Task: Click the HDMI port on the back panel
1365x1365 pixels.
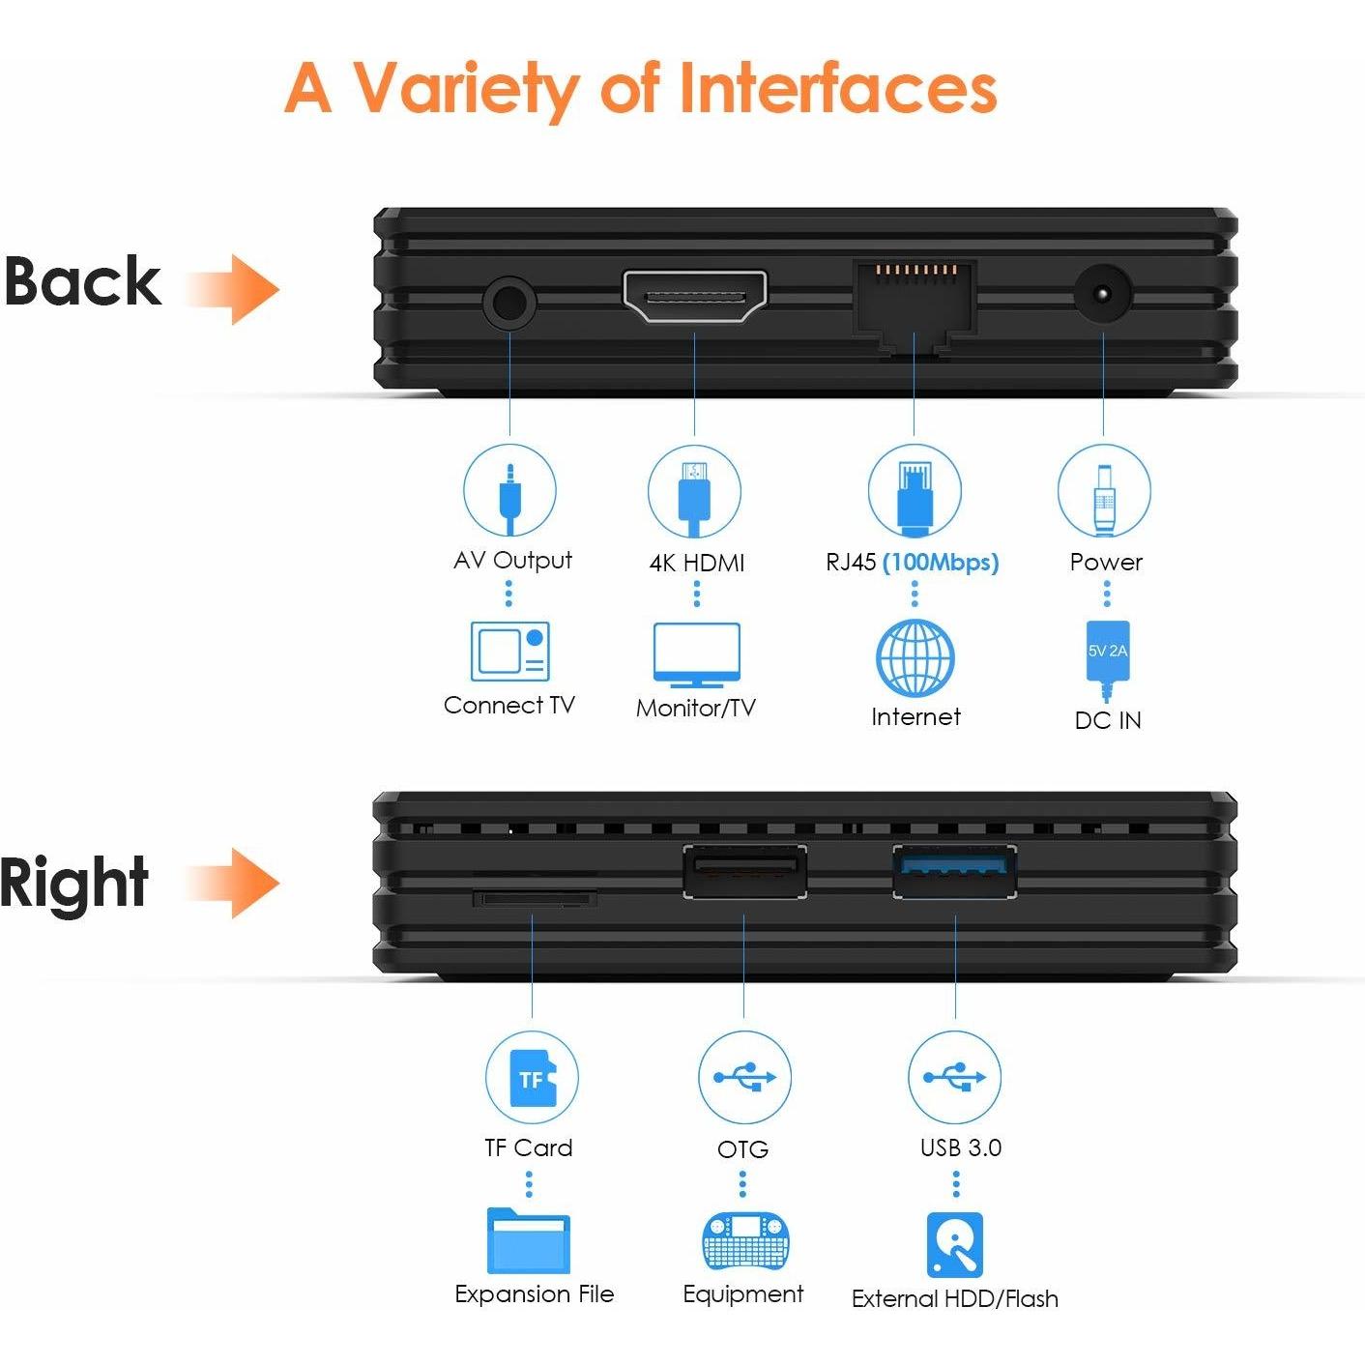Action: pos(694,296)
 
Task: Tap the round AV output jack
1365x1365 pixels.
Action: pos(509,303)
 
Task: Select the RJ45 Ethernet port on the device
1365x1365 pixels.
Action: pos(915,306)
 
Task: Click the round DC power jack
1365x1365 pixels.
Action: pos(1103,293)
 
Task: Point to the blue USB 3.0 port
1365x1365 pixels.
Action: pos(954,871)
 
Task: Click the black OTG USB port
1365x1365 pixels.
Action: pos(744,871)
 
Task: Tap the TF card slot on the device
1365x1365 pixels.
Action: pos(535,899)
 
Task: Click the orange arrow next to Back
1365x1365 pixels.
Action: pos(234,290)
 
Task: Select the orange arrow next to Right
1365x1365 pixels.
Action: pos(234,884)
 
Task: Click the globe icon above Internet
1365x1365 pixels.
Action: pos(915,656)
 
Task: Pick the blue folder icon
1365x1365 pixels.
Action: pos(529,1240)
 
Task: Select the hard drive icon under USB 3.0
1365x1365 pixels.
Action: pos(955,1244)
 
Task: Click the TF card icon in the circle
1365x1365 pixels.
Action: pos(534,1079)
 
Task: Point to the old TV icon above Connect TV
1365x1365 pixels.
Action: pos(510,651)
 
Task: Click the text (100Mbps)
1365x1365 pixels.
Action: pos(941,563)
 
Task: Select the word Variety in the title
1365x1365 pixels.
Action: pos(466,89)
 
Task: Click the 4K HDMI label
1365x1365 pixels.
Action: pos(697,564)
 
